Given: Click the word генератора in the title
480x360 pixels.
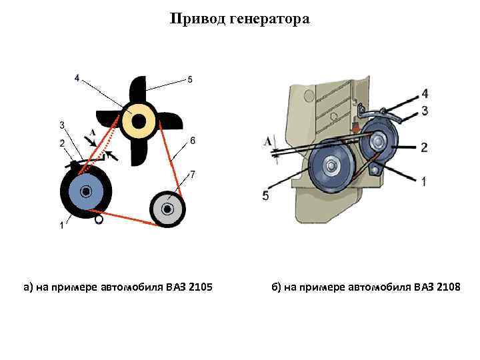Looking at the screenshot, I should pyautogui.click(x=269, y=19).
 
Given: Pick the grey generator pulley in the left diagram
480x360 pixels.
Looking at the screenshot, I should pyautogui.click(x=167, y=209).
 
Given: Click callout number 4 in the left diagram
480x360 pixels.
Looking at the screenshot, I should pyautogui.click(x=77, y=79).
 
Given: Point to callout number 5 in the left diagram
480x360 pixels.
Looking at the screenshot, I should pyautogui.click(x=191, y=80).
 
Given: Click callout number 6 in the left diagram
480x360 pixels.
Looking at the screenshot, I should pyautogui.click(x=193, y=140).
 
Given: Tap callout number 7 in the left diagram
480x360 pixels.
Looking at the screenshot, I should pyautogui.click(x=193, y=175).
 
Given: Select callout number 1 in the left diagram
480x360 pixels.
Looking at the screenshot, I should pyautogui.click(x=61, y=225).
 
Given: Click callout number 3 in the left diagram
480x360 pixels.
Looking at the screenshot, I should pyautogui.click(x=62, y=125).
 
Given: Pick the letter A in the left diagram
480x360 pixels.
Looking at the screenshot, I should pyautogui.click(x=92, y=132).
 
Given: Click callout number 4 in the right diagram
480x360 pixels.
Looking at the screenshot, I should pyautogui.click(x=425, y=93).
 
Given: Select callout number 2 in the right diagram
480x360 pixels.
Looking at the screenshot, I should pyautogui.click(x=425, y=147).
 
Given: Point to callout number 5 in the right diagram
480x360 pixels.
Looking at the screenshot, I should pyautogui.click(x=266, y=195).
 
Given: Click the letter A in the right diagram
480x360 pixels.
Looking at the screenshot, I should pyautogui.click(x=268, y=141).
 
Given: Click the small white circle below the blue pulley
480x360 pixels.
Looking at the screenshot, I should pyautogui.click(x=99, y=218).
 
